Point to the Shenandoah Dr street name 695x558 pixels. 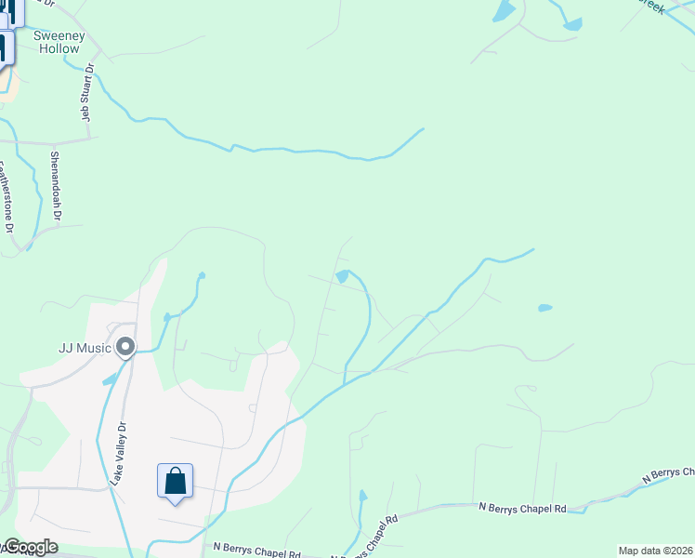click(x=56, y=186)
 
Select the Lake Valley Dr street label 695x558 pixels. click(x=117, y=453)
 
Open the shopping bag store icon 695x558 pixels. click(x=175, y=482)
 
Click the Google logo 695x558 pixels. click(x=30, y=547)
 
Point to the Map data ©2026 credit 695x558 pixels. click(x=656, y=551)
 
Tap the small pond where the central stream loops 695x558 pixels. click(x=342, y=276)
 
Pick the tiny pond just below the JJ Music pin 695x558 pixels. click(x=111, y=379)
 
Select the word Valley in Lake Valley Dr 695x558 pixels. click(x=117, y=452)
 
